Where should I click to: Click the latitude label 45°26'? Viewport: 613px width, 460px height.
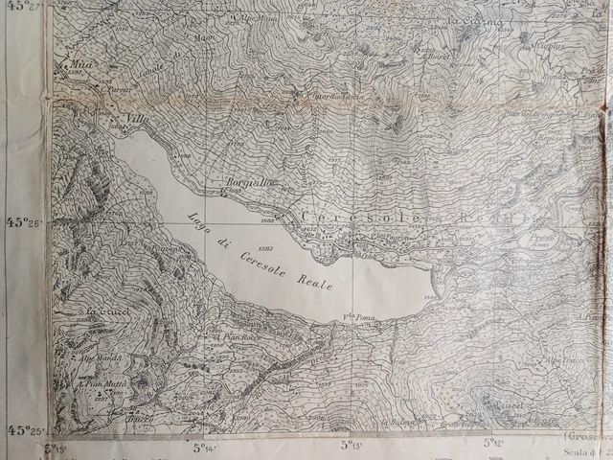[x=26, y=222]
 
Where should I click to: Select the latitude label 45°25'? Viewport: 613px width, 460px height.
[x=26, y=430]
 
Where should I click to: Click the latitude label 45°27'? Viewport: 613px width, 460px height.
[x=26, y=6]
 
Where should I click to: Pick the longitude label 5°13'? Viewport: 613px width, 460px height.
[x=352, y=445]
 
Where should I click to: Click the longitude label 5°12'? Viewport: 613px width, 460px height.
[x=493, y=443]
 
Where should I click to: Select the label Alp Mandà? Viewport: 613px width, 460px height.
[x=100, y=357]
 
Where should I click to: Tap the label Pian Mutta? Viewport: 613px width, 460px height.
[x=104, y=383]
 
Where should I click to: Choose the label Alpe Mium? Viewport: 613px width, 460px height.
[x=257, y=17]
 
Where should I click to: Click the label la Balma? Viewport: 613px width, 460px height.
[x=397, y=423]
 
